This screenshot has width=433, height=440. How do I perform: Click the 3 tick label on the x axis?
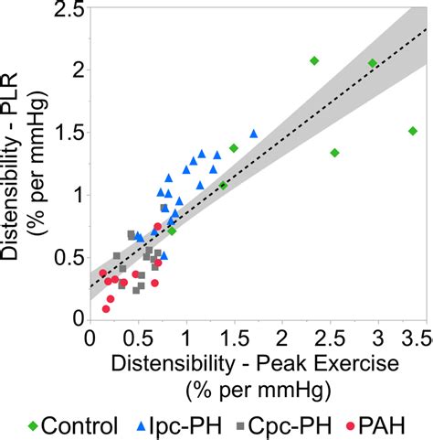coord(378,338)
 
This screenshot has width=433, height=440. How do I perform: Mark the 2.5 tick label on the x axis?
coord(330,338)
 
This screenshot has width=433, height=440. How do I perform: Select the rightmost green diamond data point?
coord(413,131)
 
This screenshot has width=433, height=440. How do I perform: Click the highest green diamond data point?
coord(314,60)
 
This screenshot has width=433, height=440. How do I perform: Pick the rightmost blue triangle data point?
coord(254,134)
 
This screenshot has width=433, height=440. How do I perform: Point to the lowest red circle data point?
coord(106,309)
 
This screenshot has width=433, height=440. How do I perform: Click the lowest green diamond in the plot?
coord(172,231)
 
